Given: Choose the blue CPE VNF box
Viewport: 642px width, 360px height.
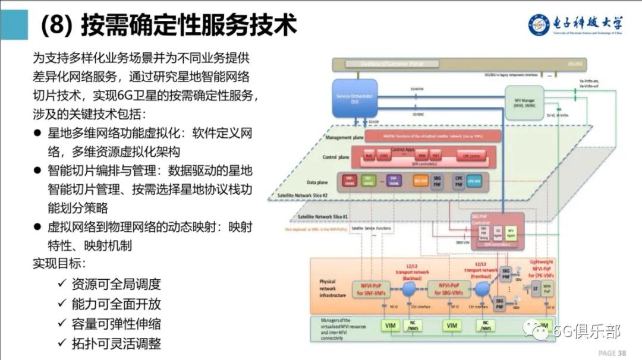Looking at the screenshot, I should pyautogui.click(x=474, y=180).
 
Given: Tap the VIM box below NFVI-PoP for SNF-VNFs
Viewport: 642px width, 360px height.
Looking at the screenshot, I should pyautogui.click(x=390, y=326).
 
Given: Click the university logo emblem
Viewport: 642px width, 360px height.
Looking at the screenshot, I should pyautogui.click(x=540, y=25).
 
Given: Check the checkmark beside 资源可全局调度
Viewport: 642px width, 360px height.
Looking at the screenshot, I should pyautogui.click(x=61, y=283).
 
